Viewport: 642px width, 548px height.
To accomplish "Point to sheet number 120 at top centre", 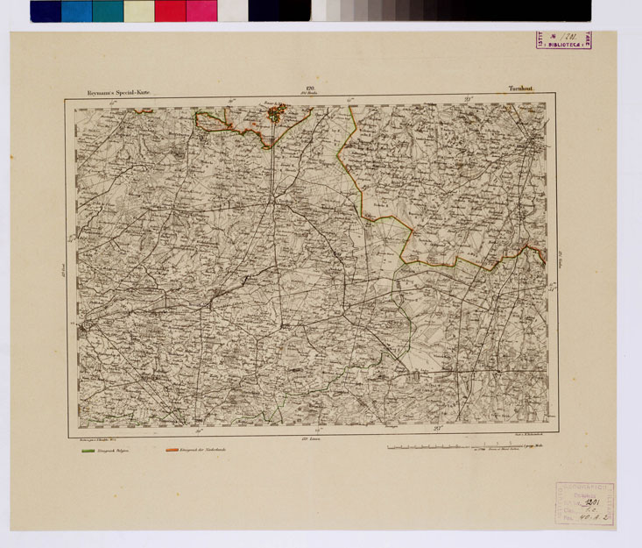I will point(310,87).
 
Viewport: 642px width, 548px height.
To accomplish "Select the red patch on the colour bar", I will point(170,11).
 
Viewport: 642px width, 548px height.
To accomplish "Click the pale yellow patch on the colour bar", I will point(138,11).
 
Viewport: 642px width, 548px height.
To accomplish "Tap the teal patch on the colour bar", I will point(107,11).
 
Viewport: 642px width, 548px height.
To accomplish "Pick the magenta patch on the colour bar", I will point(201,11).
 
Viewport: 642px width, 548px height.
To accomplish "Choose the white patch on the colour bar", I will point(232,11).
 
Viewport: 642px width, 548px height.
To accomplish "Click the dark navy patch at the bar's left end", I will point(45,11).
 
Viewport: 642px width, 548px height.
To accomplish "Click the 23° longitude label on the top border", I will point(469,98).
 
